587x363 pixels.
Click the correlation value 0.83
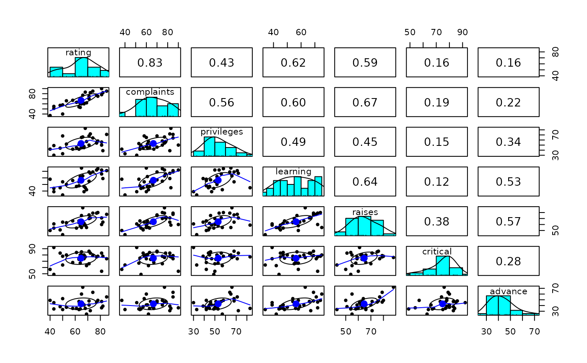coord(150,63)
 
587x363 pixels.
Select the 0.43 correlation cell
coord(221,63)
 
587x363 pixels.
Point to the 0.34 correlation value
coord(508,142)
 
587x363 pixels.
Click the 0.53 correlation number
coord(508,182)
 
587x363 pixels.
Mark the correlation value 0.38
coord(436,222)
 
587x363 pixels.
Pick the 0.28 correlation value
coord(508,262)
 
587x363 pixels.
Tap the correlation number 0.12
coord(436,182)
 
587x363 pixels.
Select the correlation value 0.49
coord(293,142)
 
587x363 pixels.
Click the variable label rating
coord(78,52)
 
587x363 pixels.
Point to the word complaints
coord(150,92)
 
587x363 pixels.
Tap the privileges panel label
coord(221,132)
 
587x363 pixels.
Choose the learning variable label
coord(293,171)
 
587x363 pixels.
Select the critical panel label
coord(436,252)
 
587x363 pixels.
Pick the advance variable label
coord(508,291)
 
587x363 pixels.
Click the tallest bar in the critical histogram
coord(443,266)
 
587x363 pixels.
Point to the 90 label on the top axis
coord(462,33)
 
